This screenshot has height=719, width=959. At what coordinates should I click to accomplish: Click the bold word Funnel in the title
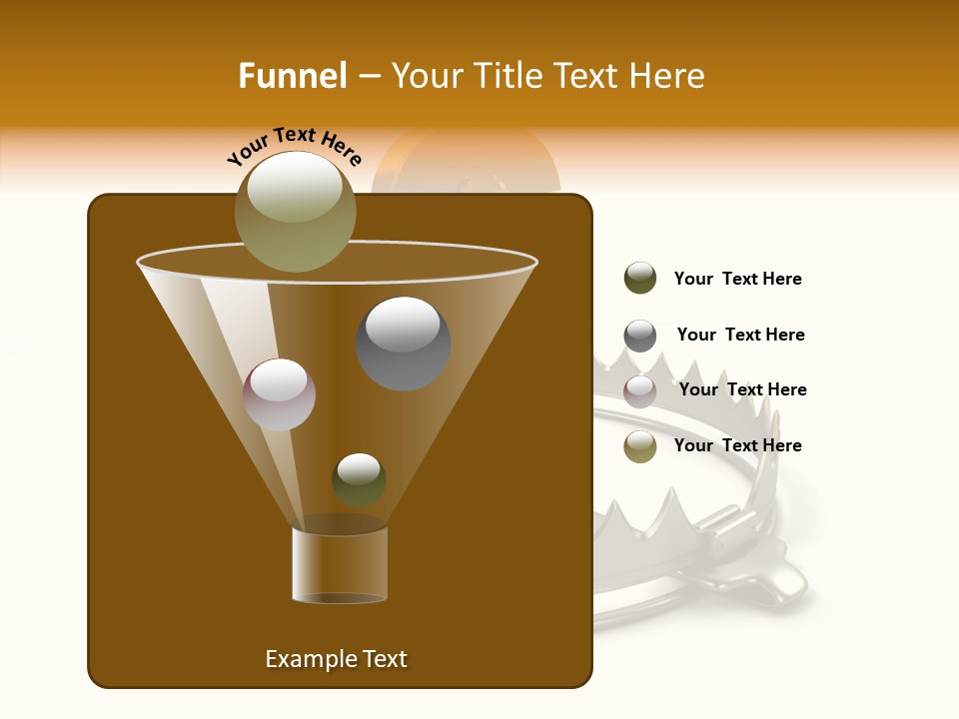coord(292,76)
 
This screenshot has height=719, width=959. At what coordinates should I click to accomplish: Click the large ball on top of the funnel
coord(296,211)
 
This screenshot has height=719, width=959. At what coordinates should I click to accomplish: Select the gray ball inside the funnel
coord(403,344)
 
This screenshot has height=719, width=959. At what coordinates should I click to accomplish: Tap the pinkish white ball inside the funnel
coord(279,393)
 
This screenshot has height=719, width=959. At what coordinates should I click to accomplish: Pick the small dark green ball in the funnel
coord(359,479)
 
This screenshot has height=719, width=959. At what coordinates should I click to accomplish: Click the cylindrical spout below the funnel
coord(340,564)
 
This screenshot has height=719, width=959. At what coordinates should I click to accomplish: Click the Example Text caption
coord(336,659)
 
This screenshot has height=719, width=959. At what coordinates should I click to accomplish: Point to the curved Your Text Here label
coord(295,145)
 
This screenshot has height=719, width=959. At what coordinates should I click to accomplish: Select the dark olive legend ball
coord(640,279)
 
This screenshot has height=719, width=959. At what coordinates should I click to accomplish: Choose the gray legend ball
coord(640,336)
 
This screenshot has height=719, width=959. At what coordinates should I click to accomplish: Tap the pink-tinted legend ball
coord(640,390)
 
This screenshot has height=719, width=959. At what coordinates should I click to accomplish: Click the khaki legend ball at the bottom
coord(640,446)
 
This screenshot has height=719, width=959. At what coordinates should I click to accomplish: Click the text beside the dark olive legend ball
coord(737,280)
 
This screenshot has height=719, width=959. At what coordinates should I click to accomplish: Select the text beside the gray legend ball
coord(740,336)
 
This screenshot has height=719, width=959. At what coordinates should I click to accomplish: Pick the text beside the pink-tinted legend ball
coord(742,390)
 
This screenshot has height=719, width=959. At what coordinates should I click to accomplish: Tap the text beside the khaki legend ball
coord(737,446)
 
